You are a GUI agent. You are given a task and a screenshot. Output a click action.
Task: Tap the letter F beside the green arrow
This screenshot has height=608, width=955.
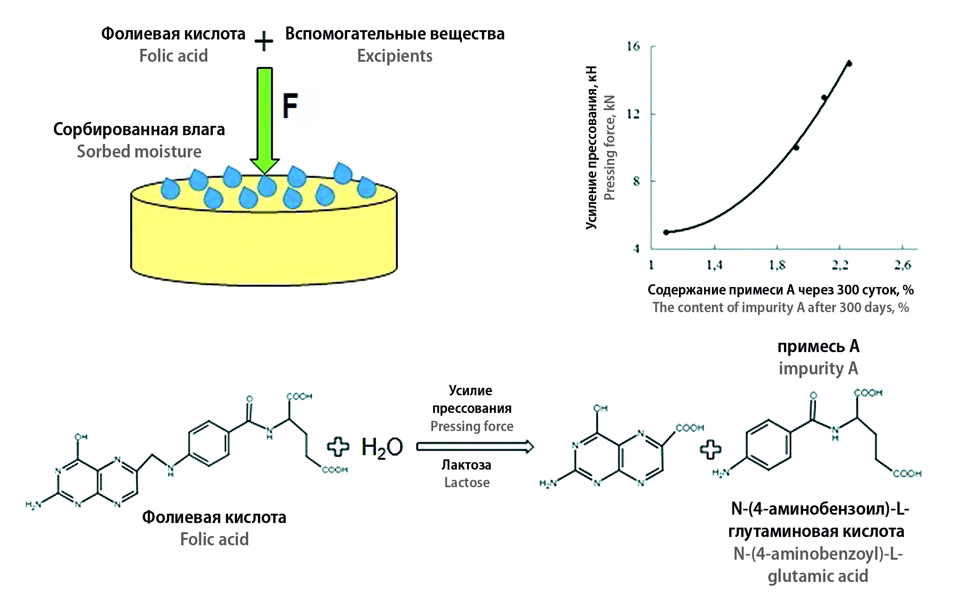290,106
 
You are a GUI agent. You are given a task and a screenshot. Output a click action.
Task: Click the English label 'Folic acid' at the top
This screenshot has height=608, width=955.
173,56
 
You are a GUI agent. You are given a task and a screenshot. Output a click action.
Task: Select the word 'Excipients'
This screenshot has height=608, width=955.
395,56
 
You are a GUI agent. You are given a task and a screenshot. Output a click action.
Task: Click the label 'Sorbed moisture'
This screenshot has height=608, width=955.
139,151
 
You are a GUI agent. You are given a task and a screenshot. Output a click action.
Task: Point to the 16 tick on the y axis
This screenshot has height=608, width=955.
633,46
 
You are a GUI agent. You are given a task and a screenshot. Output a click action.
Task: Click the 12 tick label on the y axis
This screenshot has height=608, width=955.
633,114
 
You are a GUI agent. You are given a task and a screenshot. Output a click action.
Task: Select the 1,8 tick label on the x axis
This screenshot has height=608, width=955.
777,265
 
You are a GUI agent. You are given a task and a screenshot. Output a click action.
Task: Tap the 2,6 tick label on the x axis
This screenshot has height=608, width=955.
902,265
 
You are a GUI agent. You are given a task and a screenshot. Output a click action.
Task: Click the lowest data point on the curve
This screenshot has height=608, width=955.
666,232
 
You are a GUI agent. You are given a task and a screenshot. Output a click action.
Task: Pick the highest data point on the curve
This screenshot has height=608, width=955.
849,64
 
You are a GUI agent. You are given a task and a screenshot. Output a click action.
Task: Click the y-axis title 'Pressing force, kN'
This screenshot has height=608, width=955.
609,148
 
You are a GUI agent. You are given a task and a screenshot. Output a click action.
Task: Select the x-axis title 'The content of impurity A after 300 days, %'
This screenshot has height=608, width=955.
781,307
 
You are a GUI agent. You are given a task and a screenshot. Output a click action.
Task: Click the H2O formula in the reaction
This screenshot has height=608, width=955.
382,448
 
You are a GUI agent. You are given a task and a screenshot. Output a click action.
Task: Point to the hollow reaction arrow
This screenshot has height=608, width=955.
475,447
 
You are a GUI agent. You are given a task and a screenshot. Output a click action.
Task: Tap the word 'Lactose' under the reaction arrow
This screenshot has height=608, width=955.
467,483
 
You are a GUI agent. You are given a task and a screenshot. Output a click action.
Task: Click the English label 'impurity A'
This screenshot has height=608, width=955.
818,368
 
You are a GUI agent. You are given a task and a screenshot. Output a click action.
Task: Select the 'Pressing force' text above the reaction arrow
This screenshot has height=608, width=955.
472,426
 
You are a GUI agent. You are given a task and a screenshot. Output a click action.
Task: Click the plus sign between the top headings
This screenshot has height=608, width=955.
264,41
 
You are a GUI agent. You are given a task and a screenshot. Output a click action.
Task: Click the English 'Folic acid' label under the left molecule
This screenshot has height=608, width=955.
214,539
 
